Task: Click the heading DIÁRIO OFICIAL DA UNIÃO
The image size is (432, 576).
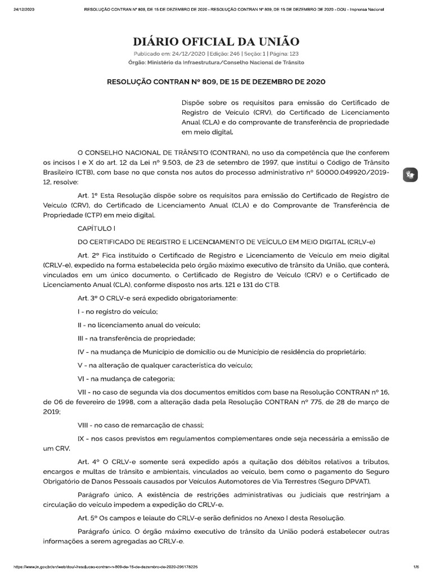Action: [x=216, y=42]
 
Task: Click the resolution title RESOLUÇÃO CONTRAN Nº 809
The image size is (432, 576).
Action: [x=216, y=82]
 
